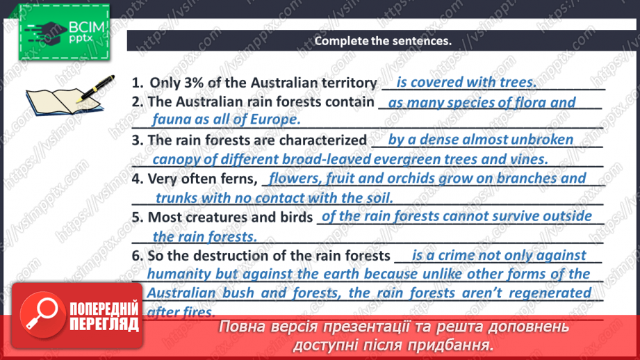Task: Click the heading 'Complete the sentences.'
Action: coord(383,40)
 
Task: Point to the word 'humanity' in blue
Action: coord(178,274)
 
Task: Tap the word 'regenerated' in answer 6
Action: coord(550,293)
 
